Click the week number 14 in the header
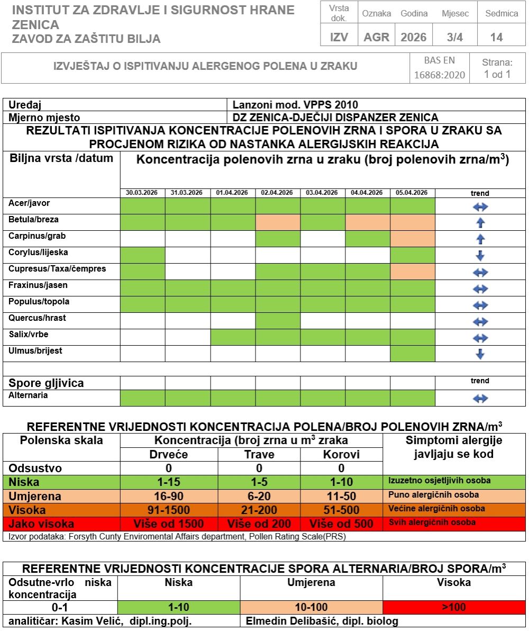pos(496,37)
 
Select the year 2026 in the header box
pos(413,37)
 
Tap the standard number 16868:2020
pos(439,75)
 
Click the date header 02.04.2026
pos(277,193)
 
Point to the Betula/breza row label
pos(34,220)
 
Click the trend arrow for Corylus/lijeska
pos(480,256)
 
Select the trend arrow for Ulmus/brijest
pos(480,354)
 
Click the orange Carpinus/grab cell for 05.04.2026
pos(413,239)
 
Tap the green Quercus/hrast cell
pos(277,321)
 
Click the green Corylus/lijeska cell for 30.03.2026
pos(142,256)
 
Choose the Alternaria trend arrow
pos(480,399)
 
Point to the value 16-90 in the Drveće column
pos(169,497)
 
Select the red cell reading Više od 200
pos(259,524)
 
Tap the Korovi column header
pos(341,454)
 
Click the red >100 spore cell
pos(454,607)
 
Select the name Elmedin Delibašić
pos(286,621)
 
